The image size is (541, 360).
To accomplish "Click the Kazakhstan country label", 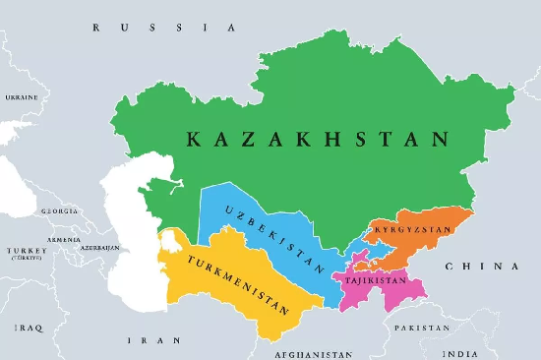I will [318, 140].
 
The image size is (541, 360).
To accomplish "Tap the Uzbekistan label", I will [272, 239].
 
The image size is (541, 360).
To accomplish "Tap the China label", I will [481, 267].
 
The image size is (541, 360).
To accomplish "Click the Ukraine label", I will [22, 97].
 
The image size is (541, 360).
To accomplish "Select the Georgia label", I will [60, 210].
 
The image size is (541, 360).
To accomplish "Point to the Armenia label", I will [64, 239].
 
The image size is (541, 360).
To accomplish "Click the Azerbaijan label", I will [100, 248].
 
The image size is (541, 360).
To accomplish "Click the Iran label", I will [144, 339].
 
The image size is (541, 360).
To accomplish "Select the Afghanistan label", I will [313, 352].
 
